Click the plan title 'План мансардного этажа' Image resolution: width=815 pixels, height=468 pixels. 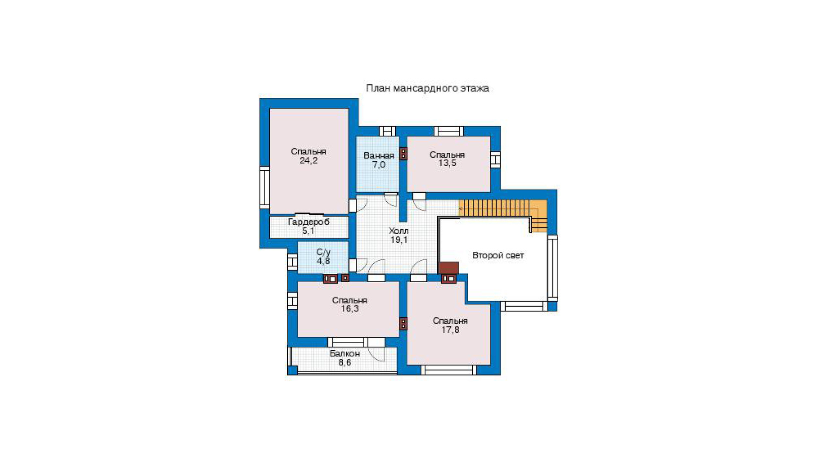427,88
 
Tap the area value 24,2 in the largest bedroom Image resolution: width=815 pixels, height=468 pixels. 308,160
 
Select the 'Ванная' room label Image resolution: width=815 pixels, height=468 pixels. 379,155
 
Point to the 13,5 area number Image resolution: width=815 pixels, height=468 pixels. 447,163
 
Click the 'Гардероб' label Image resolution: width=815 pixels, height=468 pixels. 308,222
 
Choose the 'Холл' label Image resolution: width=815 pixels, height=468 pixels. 399,231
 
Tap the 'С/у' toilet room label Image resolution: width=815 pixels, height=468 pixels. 323,252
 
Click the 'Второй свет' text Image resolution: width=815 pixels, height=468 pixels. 498,255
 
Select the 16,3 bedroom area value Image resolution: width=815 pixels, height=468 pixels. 350,309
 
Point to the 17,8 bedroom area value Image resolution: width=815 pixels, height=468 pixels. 450,330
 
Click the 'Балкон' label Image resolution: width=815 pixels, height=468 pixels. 345,353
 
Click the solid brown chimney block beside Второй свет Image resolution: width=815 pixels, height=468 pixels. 449,268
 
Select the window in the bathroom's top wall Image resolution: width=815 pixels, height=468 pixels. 388,131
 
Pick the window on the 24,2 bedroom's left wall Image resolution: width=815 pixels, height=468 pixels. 264,187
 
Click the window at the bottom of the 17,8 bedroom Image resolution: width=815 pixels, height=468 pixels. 449,370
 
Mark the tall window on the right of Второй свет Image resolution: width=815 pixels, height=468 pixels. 553,268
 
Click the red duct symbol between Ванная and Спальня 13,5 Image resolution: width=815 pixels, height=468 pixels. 403,154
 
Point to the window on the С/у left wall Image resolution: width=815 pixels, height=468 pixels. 293,262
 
